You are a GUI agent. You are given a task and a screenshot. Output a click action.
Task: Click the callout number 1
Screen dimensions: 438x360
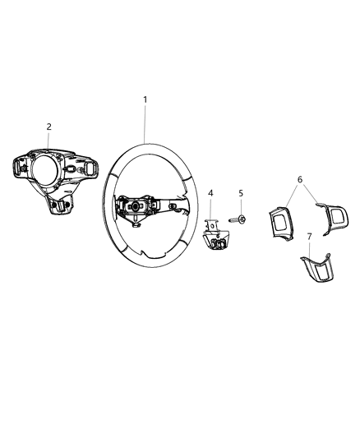[x=145, y=99]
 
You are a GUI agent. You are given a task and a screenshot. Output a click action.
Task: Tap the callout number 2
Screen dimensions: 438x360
[x=49, y=127]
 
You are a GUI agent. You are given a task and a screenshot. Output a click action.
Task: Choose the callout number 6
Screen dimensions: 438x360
[x=301, y=178]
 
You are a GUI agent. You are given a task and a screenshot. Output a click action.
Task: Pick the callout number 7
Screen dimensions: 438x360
[x=309, y=237]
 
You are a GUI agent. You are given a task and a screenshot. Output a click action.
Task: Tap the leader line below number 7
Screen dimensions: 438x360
[x=309, y=247]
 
